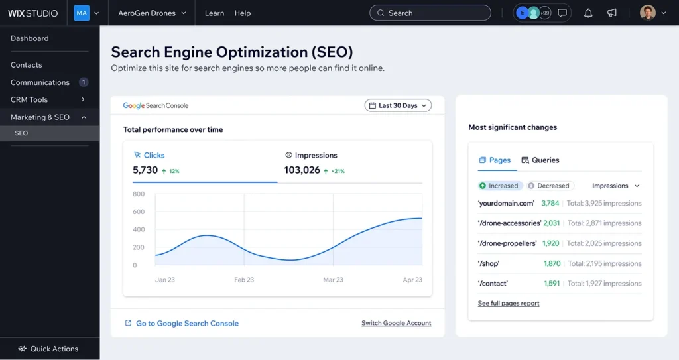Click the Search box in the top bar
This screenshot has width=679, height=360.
430,13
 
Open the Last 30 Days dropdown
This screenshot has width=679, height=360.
398,105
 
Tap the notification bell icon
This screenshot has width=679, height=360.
588,13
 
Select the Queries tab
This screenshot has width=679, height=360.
540,160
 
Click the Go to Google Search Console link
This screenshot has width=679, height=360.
187,323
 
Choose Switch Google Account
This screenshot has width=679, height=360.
396,323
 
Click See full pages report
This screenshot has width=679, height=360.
509,303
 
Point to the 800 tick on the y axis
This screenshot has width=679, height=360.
139,194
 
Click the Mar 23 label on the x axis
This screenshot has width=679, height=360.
333,280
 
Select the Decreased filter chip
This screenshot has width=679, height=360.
550,186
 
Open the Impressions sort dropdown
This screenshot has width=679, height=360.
615,186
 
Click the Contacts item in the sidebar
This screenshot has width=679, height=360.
27,65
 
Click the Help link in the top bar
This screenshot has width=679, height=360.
243,13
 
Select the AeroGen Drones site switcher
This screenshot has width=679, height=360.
152,13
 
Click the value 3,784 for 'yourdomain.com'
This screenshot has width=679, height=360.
550,203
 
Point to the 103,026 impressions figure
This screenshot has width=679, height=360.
302,170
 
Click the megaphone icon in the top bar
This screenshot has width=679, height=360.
612,13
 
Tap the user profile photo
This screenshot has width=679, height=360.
648,13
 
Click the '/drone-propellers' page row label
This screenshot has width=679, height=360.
507,243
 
